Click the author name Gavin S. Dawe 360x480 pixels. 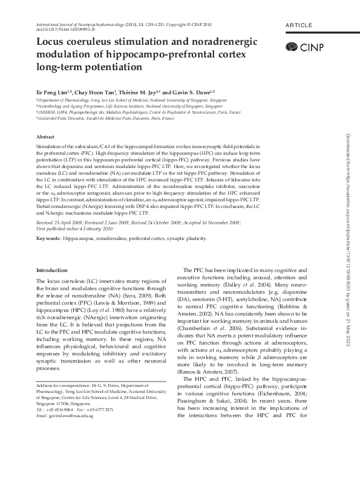tap(192, 90)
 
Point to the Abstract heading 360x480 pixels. tap(47, 138)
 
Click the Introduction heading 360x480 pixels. tap(52, 270)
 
